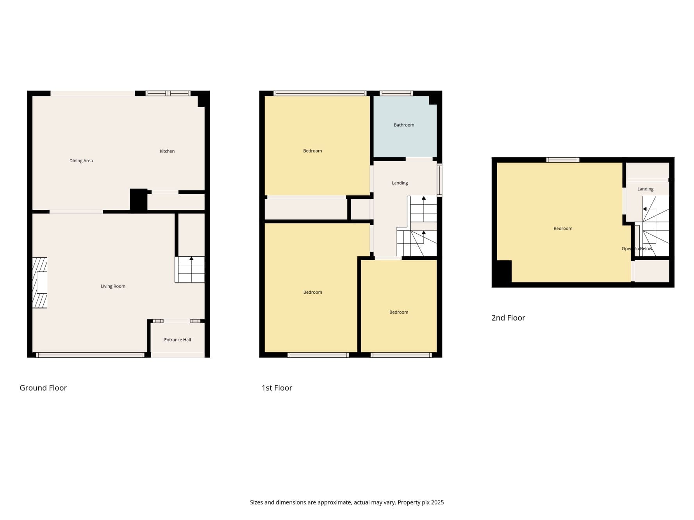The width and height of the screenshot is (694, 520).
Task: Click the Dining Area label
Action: click(81, 161)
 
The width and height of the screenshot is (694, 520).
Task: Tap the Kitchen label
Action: click(167, 151)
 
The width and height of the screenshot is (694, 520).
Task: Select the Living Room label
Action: click(113, 286)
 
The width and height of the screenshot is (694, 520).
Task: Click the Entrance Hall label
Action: click(177, 340)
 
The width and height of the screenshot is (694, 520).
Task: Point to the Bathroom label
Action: click(404, 125)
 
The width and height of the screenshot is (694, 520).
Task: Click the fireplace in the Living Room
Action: click(39, 283)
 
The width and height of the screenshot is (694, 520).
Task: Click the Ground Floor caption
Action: click(43, 388)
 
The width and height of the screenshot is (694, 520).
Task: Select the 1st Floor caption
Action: click(277, 388)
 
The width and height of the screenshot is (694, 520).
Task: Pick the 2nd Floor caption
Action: click(508, 318)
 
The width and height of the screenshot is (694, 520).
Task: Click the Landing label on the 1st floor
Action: click(400, 183)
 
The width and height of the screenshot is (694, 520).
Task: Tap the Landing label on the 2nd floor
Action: click(645, 189)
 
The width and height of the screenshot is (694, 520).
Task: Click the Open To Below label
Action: click(637, 249)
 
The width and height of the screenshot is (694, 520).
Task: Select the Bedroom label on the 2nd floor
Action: click(563, 229)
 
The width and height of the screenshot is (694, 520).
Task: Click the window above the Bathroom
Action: click(396, 93)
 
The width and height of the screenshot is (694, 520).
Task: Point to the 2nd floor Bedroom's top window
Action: click(563, 160)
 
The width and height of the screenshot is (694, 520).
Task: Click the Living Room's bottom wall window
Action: click(90, 355)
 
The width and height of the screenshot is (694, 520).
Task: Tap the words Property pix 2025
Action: click(421, 502)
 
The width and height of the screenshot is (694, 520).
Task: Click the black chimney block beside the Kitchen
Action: click(139, 201)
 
